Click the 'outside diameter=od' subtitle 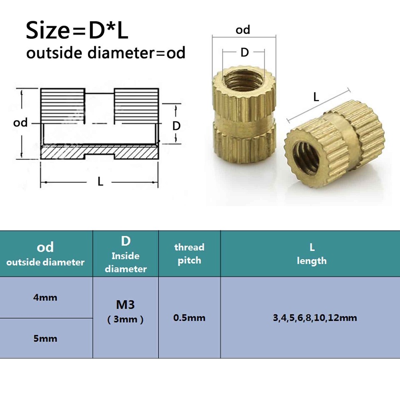(x=106, y=53)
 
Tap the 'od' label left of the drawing (x=20, y=122)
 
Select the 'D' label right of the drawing (x=177, y=125)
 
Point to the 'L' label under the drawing (x=100, y=182)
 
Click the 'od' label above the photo (x=243, y=30)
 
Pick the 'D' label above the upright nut (x=244, y=52)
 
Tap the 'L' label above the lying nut (x=316, y=97)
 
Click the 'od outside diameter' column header (x=45, y=254)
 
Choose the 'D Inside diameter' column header (x=126, y=254)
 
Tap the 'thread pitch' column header (x=189, y=254)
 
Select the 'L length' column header (x=311, y=254)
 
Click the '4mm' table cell (x=45, y=297)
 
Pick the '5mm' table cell (x=45, y=338)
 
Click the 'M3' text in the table (x=125, y=305)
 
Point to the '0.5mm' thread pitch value (x=189, y=317)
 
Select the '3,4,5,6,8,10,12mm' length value (x=315, y=317)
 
